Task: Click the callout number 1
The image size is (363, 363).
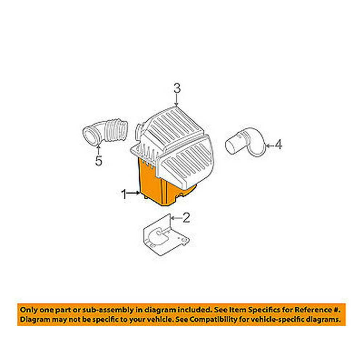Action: pos(124,194)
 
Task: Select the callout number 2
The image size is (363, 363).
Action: pos(186,217)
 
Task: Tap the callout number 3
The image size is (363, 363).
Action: pos(177,89)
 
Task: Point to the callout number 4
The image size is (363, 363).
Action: pos(278,144)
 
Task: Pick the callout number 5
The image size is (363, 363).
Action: pos(99,161)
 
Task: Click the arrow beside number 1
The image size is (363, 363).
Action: pos(134,193)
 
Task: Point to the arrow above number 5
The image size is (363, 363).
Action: pos(98,148)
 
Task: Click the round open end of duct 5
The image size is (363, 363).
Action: pos(90,136)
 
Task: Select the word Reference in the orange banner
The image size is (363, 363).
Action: pos(314,310)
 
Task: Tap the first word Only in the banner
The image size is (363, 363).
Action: pos(29,310)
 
